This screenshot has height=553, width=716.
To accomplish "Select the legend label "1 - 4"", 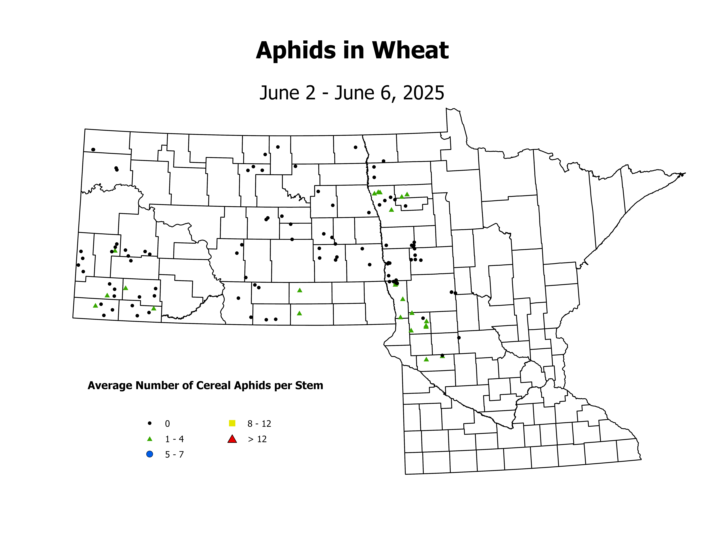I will [x=174, y=439].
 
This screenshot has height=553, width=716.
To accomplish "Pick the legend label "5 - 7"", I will [x=174, y=455].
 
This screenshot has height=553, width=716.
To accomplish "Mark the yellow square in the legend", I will [x=232, y=423].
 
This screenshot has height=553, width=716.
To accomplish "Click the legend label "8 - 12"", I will [x=259, y=424].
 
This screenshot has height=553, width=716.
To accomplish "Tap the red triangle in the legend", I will [x=232, y=439].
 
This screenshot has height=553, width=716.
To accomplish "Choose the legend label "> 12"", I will [x=257, y=439].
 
